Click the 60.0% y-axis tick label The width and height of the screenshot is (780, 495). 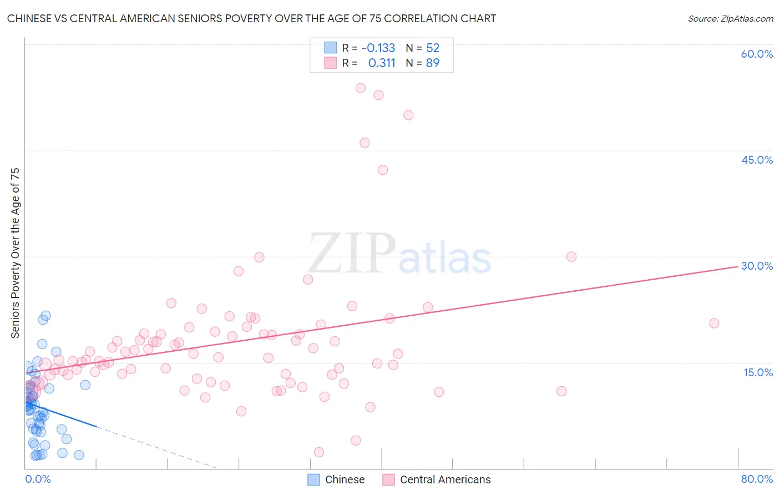click(757, 54)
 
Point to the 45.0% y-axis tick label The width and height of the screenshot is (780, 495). click(757, 160)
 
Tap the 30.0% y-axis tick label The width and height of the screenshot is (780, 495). click(757, 266)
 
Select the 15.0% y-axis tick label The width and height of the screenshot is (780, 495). click(758, 372)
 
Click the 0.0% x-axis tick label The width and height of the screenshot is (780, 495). click(38, 479)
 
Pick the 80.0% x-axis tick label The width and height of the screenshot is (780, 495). click(757, 479)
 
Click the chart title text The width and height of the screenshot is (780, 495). click(251, 18)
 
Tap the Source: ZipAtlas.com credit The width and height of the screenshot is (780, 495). click(730, 18)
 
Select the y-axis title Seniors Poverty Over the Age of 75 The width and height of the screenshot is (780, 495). click(15, 253)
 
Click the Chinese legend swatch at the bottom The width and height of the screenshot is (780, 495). click(313, 479)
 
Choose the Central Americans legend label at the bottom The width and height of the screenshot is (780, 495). click(445, 479)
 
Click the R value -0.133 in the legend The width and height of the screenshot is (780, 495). click(378, 48)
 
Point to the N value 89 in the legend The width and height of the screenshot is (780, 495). click(433, 63)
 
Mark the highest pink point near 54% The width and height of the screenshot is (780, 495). click(361, 88)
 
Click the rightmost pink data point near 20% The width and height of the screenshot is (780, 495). click(714, 323)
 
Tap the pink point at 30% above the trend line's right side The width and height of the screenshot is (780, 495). click(571, 256)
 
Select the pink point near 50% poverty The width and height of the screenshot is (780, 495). click(408, 115)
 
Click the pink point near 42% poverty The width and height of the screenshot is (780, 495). click(383, 170)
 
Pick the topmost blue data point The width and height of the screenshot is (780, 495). click(46, 315)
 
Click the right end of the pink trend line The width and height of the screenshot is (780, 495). click(738, 267)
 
